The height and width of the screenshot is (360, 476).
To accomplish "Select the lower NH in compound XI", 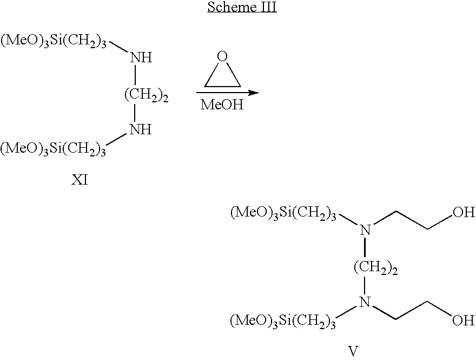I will pos(141,129).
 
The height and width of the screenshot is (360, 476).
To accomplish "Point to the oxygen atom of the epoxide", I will pos(222,56).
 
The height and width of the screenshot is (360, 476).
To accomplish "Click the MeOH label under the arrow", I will pos(222,105).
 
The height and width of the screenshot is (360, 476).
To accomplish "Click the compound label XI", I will pos(80,180).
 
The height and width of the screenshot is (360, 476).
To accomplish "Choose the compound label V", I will pos(353,351).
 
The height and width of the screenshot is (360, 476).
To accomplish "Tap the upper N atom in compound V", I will pos(366,231).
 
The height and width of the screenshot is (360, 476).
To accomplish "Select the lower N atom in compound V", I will pos(366,302).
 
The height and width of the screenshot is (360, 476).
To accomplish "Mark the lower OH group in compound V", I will pos(464,320).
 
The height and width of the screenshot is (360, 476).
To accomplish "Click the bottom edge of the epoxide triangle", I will pos(222,86).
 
